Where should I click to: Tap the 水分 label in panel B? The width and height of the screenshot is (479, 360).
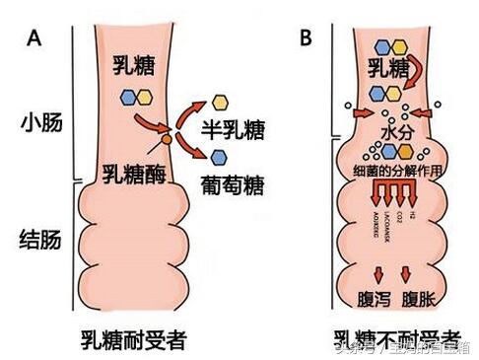(x=394, y=131)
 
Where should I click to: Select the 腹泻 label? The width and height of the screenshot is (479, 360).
(x=372, y=298)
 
